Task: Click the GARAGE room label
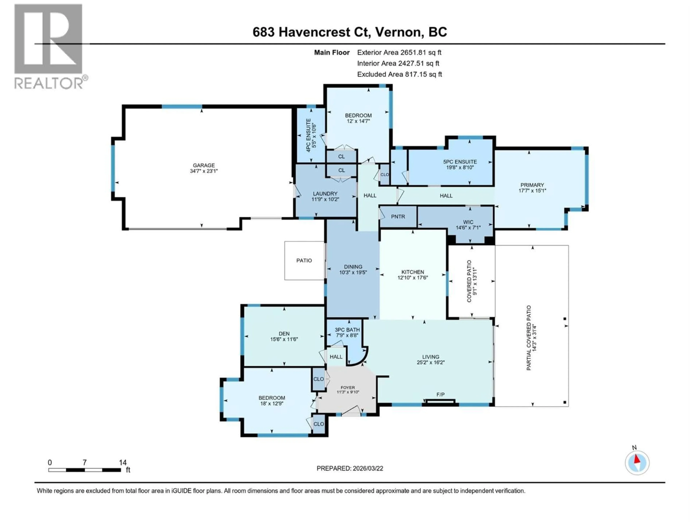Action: pos(204,165)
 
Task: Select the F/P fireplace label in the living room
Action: pos(440,394)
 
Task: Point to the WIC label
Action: pos(468,222)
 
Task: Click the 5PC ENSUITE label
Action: pos(460,162)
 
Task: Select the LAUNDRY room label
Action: pos(325,194)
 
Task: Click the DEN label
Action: pos(284,334)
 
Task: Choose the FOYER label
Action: pos(348,387)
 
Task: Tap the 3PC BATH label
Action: pos(347,330)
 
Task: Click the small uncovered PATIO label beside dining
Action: pos(304,260)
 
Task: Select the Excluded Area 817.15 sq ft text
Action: pos(399,74)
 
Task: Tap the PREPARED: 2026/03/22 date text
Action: pos(350,468)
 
